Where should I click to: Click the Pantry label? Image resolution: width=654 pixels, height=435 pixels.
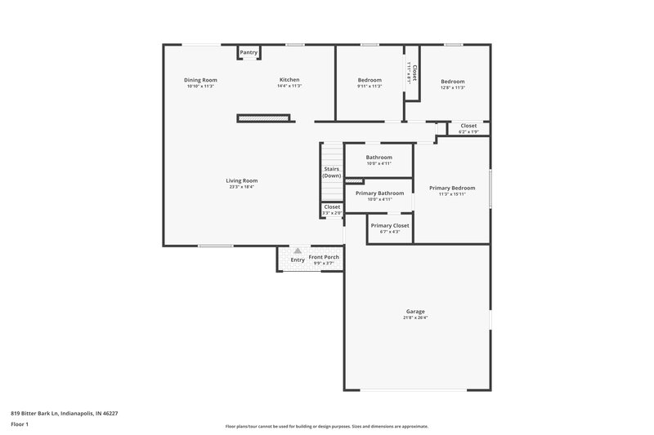point(249,53)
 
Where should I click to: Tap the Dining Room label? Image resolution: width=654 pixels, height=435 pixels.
point(200,79)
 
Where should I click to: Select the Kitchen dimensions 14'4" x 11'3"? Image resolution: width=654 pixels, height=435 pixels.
point(289,87)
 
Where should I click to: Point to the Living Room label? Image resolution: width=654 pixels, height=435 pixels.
point(242,180)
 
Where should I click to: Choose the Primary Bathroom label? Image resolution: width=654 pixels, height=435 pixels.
point(380,193)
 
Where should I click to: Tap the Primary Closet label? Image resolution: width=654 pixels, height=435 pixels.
point(390,225)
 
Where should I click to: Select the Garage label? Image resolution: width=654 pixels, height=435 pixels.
point(415,312)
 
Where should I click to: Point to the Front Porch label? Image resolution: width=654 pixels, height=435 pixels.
point(324,257)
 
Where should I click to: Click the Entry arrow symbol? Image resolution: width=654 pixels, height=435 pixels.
point(298,251)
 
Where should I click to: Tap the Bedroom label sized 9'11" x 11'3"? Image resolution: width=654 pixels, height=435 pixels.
point(370,80)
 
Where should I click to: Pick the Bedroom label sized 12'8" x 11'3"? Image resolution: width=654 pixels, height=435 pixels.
point(453,82)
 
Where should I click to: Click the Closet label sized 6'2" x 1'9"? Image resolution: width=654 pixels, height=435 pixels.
point(468,126)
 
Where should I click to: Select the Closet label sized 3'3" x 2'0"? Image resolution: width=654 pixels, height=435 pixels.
point(332,207)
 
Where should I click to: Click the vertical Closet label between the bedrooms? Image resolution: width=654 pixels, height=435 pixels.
point(414,73)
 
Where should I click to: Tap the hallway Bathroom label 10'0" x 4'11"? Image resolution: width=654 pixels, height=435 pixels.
point(379,157)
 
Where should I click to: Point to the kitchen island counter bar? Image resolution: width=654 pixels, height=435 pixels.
point(264,118)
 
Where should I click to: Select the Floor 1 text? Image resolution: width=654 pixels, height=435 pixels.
point(20,425)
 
